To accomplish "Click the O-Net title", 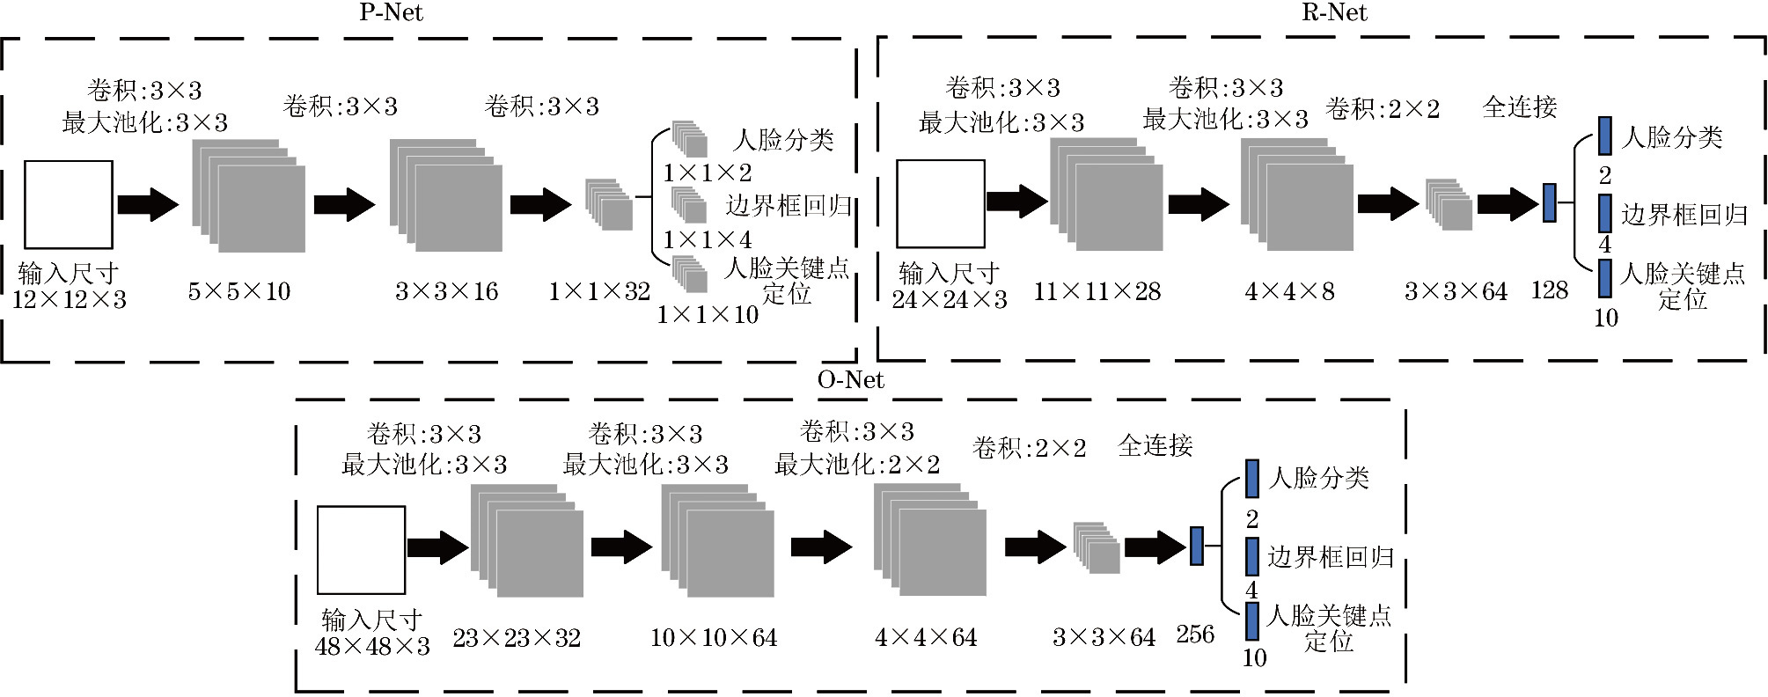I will (850, 379).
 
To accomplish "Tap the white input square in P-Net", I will (69, 204).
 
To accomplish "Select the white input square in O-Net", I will (361, 550).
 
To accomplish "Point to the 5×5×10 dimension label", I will (239, 291).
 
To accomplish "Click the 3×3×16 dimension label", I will (446, 291).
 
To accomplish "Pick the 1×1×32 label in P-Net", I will (599, 291).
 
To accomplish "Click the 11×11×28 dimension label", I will (1097, 291).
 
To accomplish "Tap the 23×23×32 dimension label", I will (517, 638).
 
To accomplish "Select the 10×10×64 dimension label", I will (714, 638).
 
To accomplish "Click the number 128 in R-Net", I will (1549, 290).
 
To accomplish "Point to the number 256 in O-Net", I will (1195, 635).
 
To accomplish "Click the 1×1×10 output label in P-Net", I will (708, 314).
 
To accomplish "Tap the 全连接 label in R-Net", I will (1520, 107).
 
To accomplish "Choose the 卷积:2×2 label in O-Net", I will (1029, 448).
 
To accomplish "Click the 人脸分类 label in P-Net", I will (783, 139).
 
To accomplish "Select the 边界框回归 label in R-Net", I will (1684, 215).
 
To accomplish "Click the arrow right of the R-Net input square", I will (1016, 202).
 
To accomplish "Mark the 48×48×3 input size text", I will (372, 647).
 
